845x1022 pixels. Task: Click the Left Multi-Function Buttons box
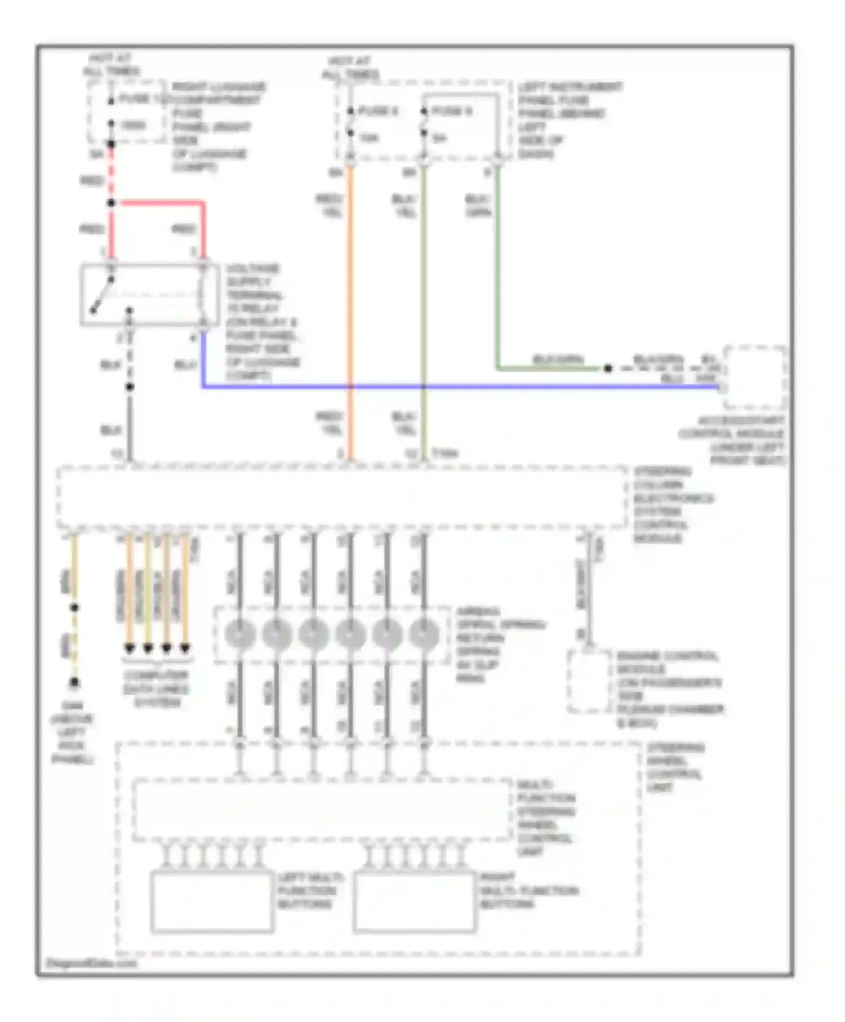[x=212, y=901]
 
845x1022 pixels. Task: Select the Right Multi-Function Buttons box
[x=415, y=901]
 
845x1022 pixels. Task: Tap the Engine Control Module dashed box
[x=589, y=682]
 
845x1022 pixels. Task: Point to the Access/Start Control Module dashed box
[x=755, y=377]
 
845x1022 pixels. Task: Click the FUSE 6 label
[x=378, y=112]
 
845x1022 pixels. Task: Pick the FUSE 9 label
[x=451, y=112]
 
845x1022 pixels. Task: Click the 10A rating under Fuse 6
[x=370, y=137]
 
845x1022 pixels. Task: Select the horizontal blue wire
[x=451, y=387]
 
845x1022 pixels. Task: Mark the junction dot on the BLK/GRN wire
[x=608, y=368]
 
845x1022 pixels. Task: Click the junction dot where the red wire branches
[x=112, y=203]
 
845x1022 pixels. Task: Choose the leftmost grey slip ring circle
[x=240, y=634]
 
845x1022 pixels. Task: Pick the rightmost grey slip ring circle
[x=424, y=634]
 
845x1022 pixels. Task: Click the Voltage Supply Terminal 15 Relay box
[x=149, y=295]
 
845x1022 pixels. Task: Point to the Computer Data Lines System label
[x=157, y=689]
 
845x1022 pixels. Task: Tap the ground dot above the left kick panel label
[x=74, y=683]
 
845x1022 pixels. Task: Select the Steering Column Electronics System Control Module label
[x=673, y=505]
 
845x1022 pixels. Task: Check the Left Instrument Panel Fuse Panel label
[x=569, y=120]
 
